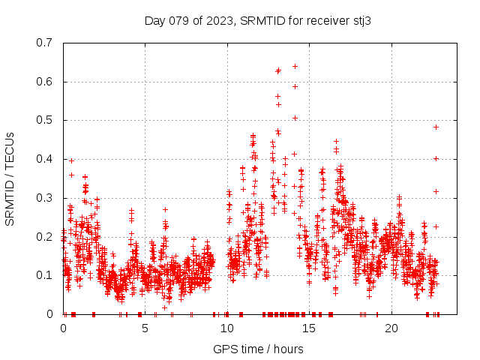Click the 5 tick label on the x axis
(145, 328)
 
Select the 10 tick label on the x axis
(227, 328)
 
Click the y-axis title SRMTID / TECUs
(10, 178)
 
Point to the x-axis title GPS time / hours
(258, 349)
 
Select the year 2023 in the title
(222, 20)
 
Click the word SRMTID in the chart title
(264, 20)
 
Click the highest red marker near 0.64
(295, 66)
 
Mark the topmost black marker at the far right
(436, 127)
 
